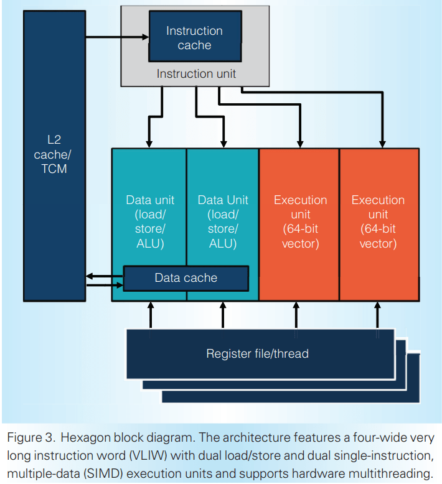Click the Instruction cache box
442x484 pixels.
(194, 38)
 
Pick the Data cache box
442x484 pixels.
(186, 278)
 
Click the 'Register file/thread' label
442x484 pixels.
(257, 354)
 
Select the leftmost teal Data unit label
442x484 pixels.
(150, 222)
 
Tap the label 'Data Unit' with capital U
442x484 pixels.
(222, 222)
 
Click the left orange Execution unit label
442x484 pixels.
(300, 222)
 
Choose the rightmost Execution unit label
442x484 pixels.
(378, 222)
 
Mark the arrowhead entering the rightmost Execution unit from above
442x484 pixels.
(382, 142)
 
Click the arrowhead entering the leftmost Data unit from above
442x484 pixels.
(149, 142)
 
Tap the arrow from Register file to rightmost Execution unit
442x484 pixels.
(377, 314)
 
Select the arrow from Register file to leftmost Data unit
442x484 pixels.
(150, 314)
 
